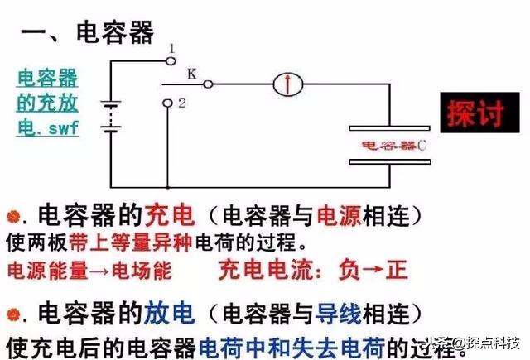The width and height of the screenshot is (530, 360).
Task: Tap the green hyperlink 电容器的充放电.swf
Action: pos(48,104)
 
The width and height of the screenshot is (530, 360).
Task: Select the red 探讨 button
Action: pos(475,113)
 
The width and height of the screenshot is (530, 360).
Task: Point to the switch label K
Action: pos(192,74)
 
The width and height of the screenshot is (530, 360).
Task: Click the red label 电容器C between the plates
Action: pos(394,146)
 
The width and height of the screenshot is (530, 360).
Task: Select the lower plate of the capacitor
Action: pos(390,162)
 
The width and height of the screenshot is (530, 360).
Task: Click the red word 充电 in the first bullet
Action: pos(171,218)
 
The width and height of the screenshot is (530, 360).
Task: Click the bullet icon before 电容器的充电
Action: pos(12,218)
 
